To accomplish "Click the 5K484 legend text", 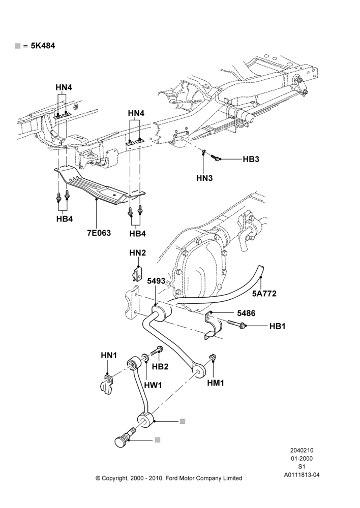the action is (43, 46).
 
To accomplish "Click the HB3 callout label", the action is (251, 160).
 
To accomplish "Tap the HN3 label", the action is (204, 178).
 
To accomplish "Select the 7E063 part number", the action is (99, 233).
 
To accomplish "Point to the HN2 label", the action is (137, 252).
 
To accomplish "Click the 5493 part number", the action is (156, 281).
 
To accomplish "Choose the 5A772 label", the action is (264, 294).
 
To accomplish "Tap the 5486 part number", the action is (246, 313).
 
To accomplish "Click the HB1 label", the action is (277, 326).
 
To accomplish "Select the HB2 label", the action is (160, 366).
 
